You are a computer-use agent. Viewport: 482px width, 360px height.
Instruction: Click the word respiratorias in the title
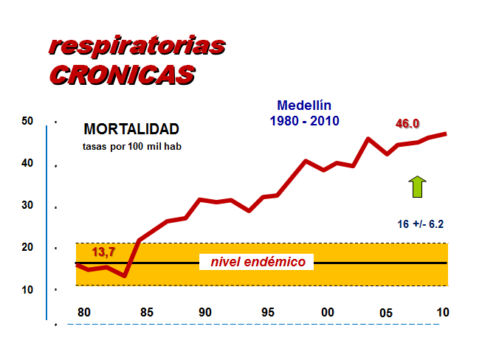tap(137, 46)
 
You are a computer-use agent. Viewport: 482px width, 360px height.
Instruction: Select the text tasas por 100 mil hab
tap(131, 146)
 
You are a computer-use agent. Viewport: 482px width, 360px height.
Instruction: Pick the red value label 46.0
tap(407, 124)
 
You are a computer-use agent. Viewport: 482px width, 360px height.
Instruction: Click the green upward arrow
tap(418, 187)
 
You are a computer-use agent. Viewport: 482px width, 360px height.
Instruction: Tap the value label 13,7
tap(103, 253)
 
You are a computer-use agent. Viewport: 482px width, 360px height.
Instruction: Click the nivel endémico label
tap(258, 262)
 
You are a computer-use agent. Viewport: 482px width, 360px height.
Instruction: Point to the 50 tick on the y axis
tap(27, 121)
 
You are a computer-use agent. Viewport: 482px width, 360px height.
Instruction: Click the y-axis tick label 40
tap(27, 163)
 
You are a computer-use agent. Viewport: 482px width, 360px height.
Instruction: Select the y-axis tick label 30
tap(27, 205)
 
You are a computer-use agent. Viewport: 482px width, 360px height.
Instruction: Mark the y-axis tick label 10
tap(27, 289)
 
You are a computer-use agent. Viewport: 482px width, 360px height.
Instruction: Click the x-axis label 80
tap(84, 311)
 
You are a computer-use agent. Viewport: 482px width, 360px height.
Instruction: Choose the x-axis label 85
tap(146, 311)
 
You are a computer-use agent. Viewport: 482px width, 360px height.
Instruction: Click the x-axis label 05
tap(386, 313)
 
